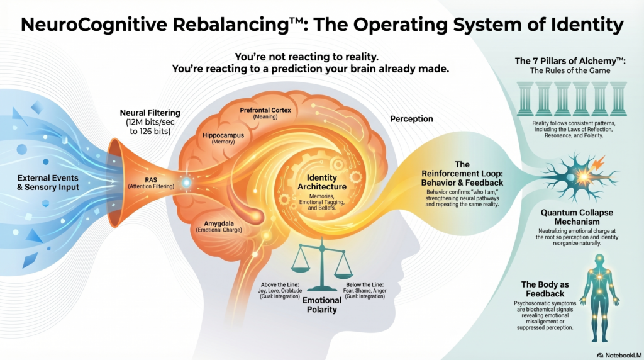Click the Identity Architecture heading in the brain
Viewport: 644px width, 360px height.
(x=322, y=183)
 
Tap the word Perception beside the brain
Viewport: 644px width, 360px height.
(x=411, y=118)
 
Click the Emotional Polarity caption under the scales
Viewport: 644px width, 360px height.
(x=323, y=305)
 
